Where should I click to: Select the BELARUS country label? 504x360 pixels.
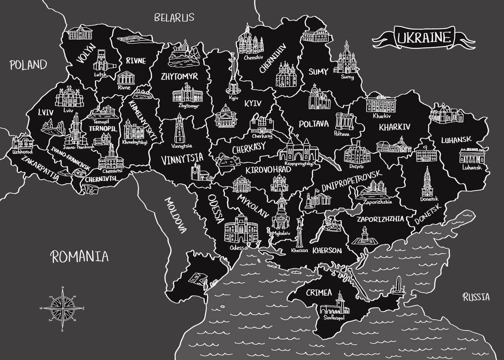point(174,18)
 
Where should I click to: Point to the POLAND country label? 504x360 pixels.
point(28,65)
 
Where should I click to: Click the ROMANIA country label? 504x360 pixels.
point(80,256)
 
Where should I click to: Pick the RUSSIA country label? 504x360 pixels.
point(476,297)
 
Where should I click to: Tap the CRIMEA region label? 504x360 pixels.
point(319,292)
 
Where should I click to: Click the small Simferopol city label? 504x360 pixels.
point(334,318)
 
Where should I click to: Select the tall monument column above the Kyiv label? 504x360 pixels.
point(232,74)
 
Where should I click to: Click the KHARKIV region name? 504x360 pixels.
point(394,126)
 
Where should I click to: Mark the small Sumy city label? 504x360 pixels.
point(347,77)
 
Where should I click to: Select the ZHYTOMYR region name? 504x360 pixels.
point(179,77)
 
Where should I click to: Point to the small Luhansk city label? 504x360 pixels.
point(472,167)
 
